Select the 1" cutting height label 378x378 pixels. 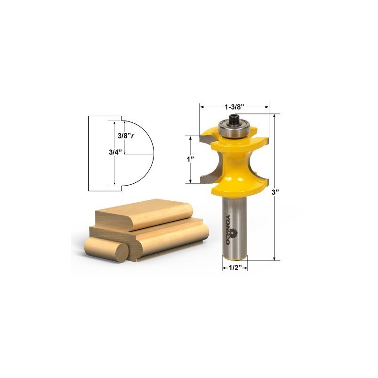point(191,159)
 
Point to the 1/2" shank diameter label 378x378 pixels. point(235,267)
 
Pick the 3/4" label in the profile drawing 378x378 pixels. point(113,152)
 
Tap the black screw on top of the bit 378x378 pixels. point(233,120)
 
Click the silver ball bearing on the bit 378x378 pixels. point(233,129)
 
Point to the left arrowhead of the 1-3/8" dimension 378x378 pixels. point(202,107)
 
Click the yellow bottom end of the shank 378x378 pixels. point(235,257)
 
